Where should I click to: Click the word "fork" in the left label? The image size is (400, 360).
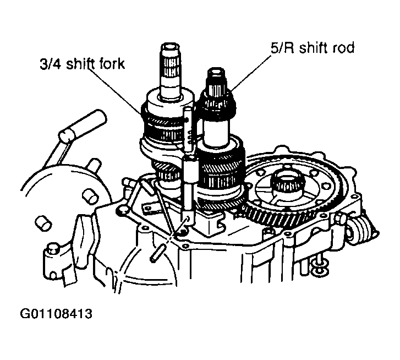tap(111, 64)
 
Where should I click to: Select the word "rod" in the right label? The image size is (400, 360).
tap(343, 48)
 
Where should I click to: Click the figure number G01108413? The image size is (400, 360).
tap(56, 314)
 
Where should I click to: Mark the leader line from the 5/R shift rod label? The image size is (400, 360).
tap(251, 73)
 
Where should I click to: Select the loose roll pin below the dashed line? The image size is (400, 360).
tap(158, 254)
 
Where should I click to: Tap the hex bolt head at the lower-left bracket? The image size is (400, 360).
tap(52, 250)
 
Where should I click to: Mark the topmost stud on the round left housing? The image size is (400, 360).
tap(94, 165)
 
